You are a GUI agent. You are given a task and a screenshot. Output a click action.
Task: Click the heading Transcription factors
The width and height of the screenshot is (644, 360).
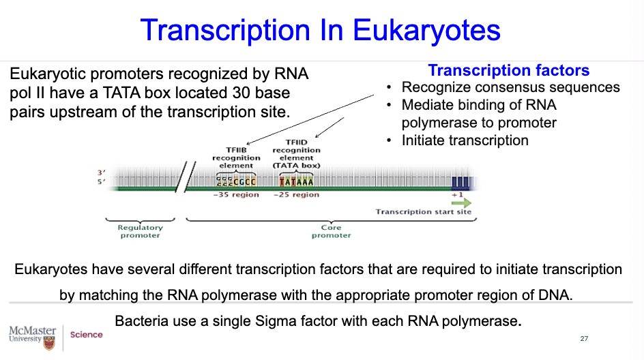pos(508,71)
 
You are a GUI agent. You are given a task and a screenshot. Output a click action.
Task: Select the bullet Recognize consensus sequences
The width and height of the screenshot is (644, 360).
pos(510,87)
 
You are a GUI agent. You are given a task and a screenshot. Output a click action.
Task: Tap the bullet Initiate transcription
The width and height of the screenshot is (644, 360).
pos(465,140)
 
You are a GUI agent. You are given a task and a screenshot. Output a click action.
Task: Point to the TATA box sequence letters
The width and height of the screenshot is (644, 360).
pos(296,181)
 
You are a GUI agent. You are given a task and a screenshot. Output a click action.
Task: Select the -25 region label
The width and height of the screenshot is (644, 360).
pos(296,195)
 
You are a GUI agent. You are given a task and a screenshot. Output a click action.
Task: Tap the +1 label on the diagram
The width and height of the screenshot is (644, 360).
pos(457,194)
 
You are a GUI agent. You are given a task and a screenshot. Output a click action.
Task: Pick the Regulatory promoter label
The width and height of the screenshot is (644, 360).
pos(141,231)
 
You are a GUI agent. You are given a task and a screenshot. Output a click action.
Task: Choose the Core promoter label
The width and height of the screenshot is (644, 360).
pos(331,231)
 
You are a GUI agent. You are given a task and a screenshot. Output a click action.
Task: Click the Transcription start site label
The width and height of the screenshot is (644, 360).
pos(423,212)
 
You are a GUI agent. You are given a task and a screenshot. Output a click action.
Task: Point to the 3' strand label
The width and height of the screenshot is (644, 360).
pos(102,173)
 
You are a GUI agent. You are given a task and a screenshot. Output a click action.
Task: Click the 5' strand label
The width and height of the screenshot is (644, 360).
pos(102,182)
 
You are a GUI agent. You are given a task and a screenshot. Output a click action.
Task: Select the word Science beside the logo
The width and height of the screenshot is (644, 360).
pos(87,335)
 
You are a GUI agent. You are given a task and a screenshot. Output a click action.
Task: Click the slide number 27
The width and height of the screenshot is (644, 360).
pos(584,339)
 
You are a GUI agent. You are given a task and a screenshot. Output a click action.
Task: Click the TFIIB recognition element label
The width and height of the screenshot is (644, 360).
pos(237,157)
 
